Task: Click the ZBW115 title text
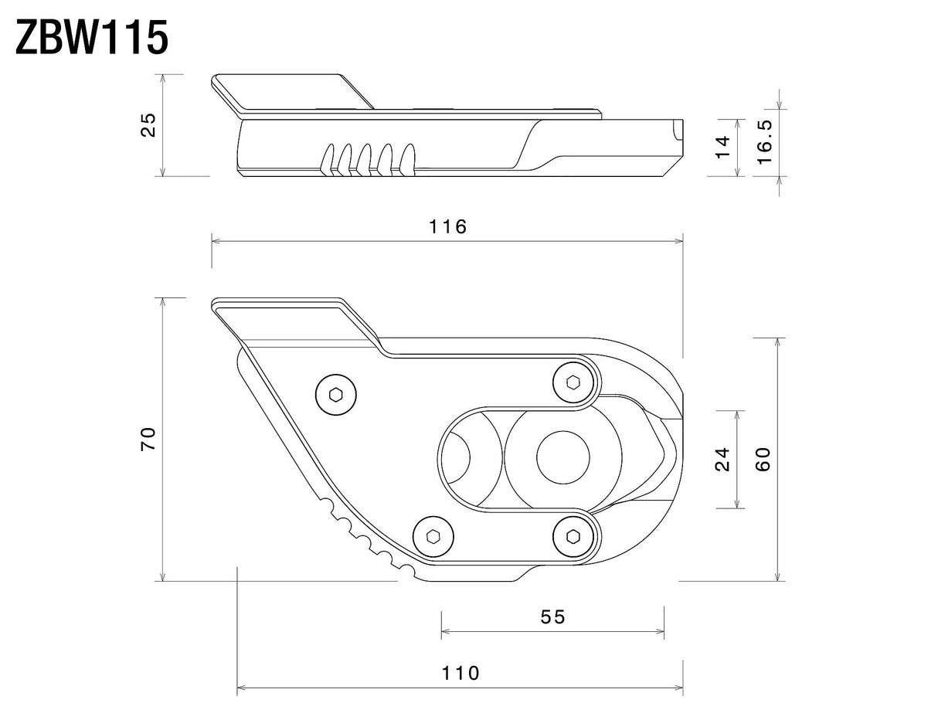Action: pyautogui.click(x=92, y=39)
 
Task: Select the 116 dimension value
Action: pyautogui.click(x=447, y=227)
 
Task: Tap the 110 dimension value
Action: pyautogui.click(x=460, y=673)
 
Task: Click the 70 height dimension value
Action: pyautogui.click(x=149, y=438)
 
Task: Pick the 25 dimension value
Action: pyautogui.click(x=149, y=124)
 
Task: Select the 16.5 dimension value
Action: pyautogui.click(x=764, y=142)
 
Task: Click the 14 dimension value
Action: pyautogui.click(x=723, y=147)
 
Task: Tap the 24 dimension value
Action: pyautogui.click(x=722, y=459)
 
